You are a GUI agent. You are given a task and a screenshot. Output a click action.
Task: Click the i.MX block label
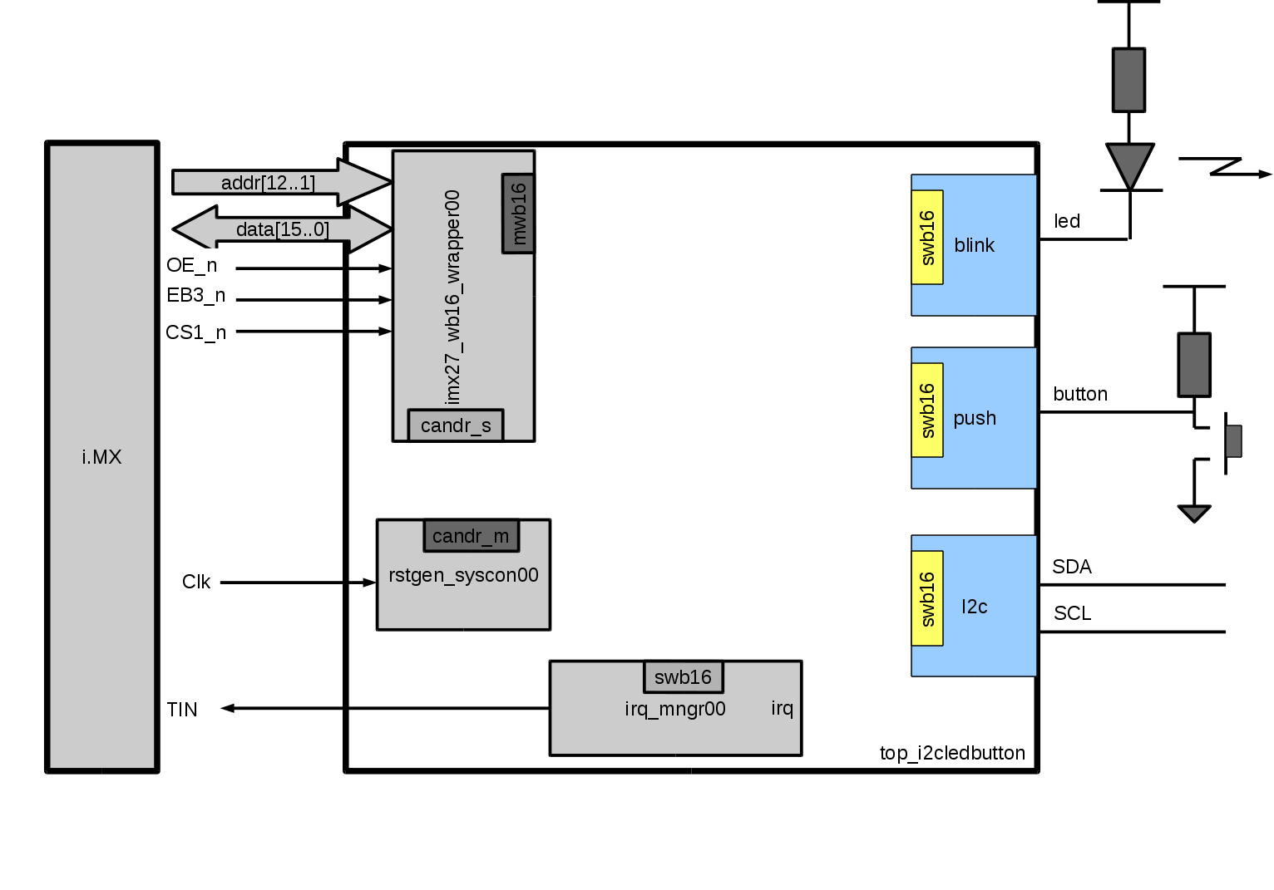click(x=101, y=457)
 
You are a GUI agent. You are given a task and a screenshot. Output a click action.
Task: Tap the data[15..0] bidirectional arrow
click(x=283, y=229)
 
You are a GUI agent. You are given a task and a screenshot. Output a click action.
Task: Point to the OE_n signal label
click(x=191, y=265)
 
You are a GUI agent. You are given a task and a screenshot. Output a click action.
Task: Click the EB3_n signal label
click(x=195, y=295)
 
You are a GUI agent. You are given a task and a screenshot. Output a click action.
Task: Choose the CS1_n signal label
click(x=195, y=332)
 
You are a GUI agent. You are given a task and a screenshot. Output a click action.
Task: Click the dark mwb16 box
click(x=518, y=214)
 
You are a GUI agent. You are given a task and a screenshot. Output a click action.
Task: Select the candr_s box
click(x=456, y=425)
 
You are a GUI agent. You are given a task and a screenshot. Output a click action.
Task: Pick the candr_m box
click(x=471, y=536)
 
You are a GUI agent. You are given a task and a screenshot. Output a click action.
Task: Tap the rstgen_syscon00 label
click(x=463, y=575)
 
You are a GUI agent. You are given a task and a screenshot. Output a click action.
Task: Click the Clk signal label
click(x=196, y=582)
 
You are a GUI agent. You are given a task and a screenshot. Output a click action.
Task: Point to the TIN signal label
click(x=182, y=710)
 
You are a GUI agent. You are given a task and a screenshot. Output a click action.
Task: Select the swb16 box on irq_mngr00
click(x=683, y=677)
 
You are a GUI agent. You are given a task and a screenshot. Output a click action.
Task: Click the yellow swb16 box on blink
click(x=927, y=238)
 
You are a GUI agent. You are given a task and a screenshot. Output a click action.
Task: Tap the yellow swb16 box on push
click(x=927, y=411)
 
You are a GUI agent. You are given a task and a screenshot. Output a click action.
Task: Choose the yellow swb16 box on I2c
click(x=927, y=598)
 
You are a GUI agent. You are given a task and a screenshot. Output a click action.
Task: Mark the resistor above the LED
click(x=1128, y=80)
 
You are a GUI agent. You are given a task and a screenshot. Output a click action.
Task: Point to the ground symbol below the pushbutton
click(x=1194, y=514)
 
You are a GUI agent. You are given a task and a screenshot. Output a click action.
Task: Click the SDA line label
click(x=1071, y=567)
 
